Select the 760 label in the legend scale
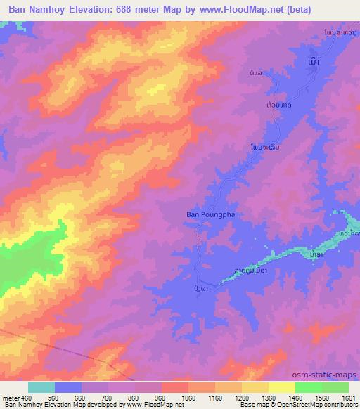click(x=108, y=398)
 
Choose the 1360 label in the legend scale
click(x=268, y=398)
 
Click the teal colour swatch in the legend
click(x=41, y=388)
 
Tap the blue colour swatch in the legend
click(x=68, y=388)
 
